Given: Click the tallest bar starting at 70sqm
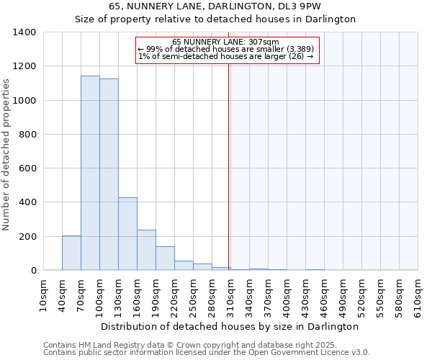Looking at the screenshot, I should (90, 173).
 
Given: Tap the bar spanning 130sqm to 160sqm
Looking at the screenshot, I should (127, 234).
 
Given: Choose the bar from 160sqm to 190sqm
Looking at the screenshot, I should (146, 250).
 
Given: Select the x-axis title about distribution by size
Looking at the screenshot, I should (230, 326).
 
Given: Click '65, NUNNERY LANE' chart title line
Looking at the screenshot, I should (215, 6).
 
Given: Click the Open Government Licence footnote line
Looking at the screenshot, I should (207, 353).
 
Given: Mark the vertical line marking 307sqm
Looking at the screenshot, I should (229, 166).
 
